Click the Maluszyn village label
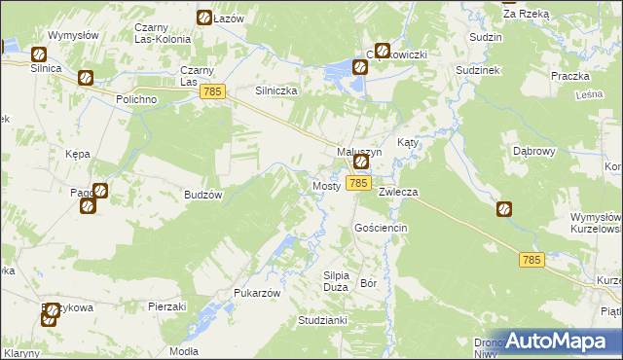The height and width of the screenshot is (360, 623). (359, 152)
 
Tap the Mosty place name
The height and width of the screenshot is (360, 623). (325, 185)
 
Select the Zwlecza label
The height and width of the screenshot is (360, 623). (398, 192)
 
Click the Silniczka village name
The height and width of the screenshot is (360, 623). (275, 90)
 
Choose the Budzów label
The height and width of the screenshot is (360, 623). (204, 195)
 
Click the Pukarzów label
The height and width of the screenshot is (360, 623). (258, 293)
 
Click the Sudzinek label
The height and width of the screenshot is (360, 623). (477, 72)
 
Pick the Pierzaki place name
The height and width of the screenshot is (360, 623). (166, 306)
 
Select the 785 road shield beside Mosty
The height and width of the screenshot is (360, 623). (358, 183)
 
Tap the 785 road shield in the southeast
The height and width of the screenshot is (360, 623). (531, 259)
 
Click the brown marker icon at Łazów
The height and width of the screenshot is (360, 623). (204, 18)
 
